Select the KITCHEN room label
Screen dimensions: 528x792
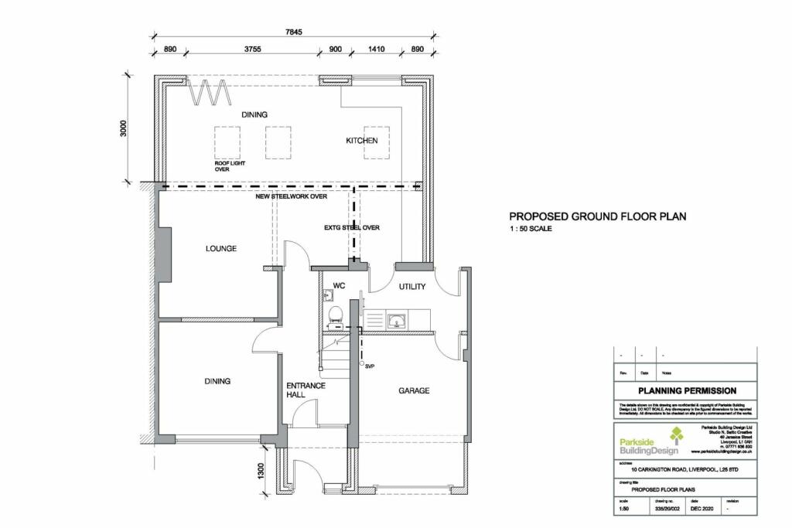click(x=361, y=141)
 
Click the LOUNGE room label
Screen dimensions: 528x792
click(x=220, y=249)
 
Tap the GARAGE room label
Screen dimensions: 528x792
click(x=414, y=391)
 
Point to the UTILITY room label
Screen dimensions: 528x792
click(x=412, y=287)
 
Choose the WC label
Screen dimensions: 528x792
click(x=339, y=286)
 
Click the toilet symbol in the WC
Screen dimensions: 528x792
click(x=335, y=314)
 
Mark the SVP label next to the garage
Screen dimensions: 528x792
click(x=370, y=366)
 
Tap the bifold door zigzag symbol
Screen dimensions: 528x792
click(x=209, y=92)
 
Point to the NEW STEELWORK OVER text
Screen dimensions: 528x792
click(x=292, y=197)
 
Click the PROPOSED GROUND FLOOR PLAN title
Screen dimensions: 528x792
click(x=596, y=217)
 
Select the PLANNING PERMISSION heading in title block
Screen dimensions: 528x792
click(x=686, y=391)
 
